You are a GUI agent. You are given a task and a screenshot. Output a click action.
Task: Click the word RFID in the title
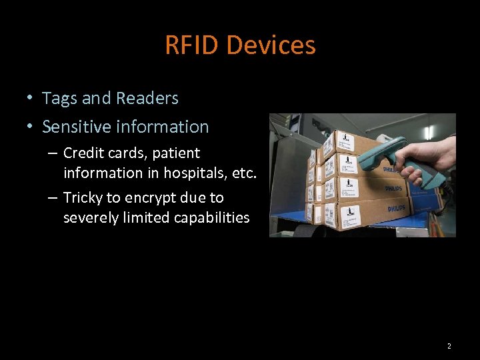point(193,45)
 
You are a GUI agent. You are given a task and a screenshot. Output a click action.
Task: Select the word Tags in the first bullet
point(59,99)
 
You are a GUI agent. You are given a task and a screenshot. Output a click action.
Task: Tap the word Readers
point(147,99)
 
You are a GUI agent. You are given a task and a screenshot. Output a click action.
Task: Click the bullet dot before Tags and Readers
point(30,99)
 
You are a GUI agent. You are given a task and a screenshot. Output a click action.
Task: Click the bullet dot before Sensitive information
point(30,127)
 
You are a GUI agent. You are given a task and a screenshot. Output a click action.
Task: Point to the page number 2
point(449,346)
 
